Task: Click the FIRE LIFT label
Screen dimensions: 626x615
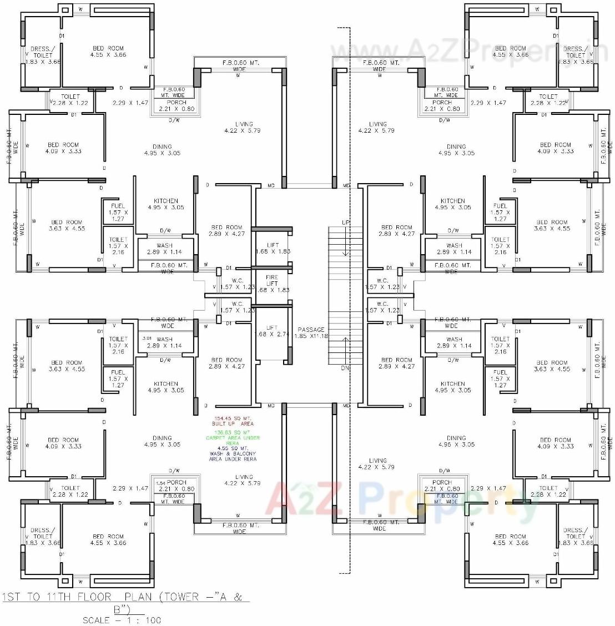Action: [x=272, y=280]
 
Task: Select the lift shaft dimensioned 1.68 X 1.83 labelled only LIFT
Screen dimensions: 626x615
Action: [x=273, y=248]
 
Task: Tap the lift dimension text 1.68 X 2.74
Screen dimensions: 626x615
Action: [x=273, y=334]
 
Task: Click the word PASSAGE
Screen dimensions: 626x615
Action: [x=311, y=330]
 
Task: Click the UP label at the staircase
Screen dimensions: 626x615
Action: [x=345, y=223]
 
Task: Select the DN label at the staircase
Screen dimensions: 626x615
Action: [x=345, y=368]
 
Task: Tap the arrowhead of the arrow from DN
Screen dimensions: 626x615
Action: [x=346, y=339]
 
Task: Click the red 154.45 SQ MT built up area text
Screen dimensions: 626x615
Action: [x=233, y=421]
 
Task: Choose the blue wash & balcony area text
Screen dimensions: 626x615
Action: [x=233, y=453]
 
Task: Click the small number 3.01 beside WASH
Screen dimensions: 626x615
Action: [x=147, y=338]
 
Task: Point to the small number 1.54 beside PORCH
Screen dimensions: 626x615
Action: [x=160, y=483]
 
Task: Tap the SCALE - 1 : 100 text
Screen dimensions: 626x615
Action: [x=122, y=620]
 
